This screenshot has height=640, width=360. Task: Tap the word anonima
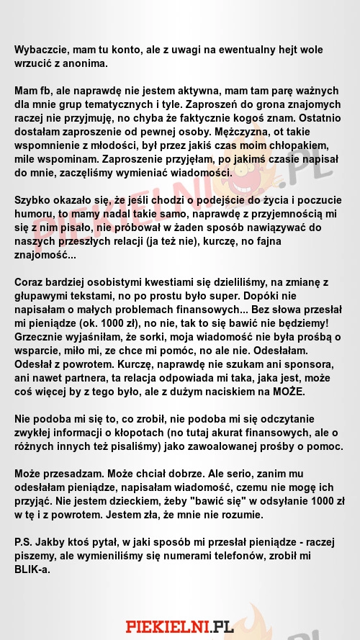(86, 63)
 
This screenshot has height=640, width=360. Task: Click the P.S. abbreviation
(24, 541)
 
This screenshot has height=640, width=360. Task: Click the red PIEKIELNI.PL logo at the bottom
(180, 626)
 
